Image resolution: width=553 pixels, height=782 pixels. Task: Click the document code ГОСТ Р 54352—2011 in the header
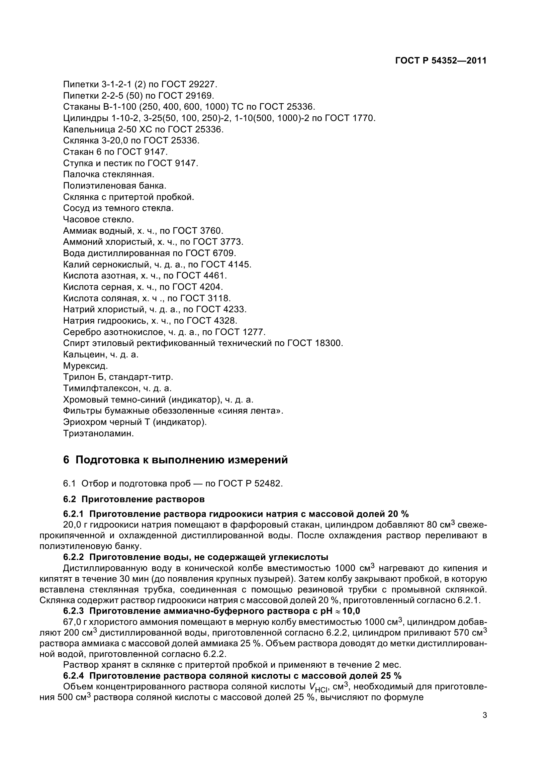coord(441,61)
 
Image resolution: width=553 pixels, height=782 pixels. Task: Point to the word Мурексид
coord(86,366)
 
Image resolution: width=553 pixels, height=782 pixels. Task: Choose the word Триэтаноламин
coord(98,434)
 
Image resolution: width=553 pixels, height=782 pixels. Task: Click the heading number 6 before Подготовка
coord(66,460)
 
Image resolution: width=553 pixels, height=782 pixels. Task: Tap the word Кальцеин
coord(85,355)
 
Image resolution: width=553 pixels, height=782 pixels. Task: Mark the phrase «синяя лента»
coord(250,411)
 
